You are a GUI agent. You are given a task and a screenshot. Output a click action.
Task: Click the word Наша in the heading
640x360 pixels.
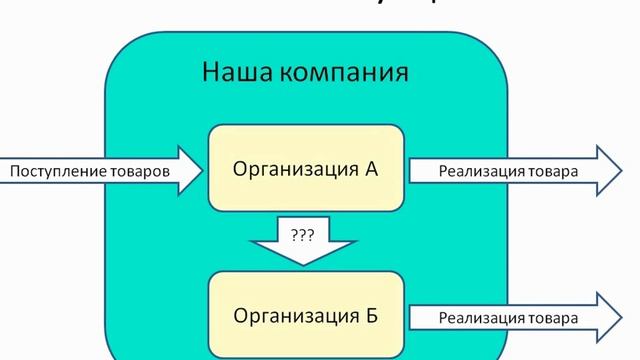[x=233, y=74]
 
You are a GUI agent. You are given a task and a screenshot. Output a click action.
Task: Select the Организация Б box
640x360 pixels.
[x=305, y=317]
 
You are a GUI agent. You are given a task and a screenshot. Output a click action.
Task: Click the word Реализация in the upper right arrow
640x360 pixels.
[x=474, y=171]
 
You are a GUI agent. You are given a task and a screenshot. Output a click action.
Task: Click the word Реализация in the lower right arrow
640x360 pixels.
[x=474, y=318]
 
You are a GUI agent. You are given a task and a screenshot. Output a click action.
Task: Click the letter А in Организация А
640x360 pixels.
[x=371, y=168]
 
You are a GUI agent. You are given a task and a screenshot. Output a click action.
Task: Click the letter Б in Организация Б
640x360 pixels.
[x=371, y=317]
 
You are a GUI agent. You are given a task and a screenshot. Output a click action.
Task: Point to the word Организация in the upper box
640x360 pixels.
[x=295, y=169]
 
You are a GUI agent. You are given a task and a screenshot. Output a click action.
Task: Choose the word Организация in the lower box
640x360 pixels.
[x=295, y=318]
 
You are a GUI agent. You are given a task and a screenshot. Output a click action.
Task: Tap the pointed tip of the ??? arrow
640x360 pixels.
[x=304, y=266]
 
